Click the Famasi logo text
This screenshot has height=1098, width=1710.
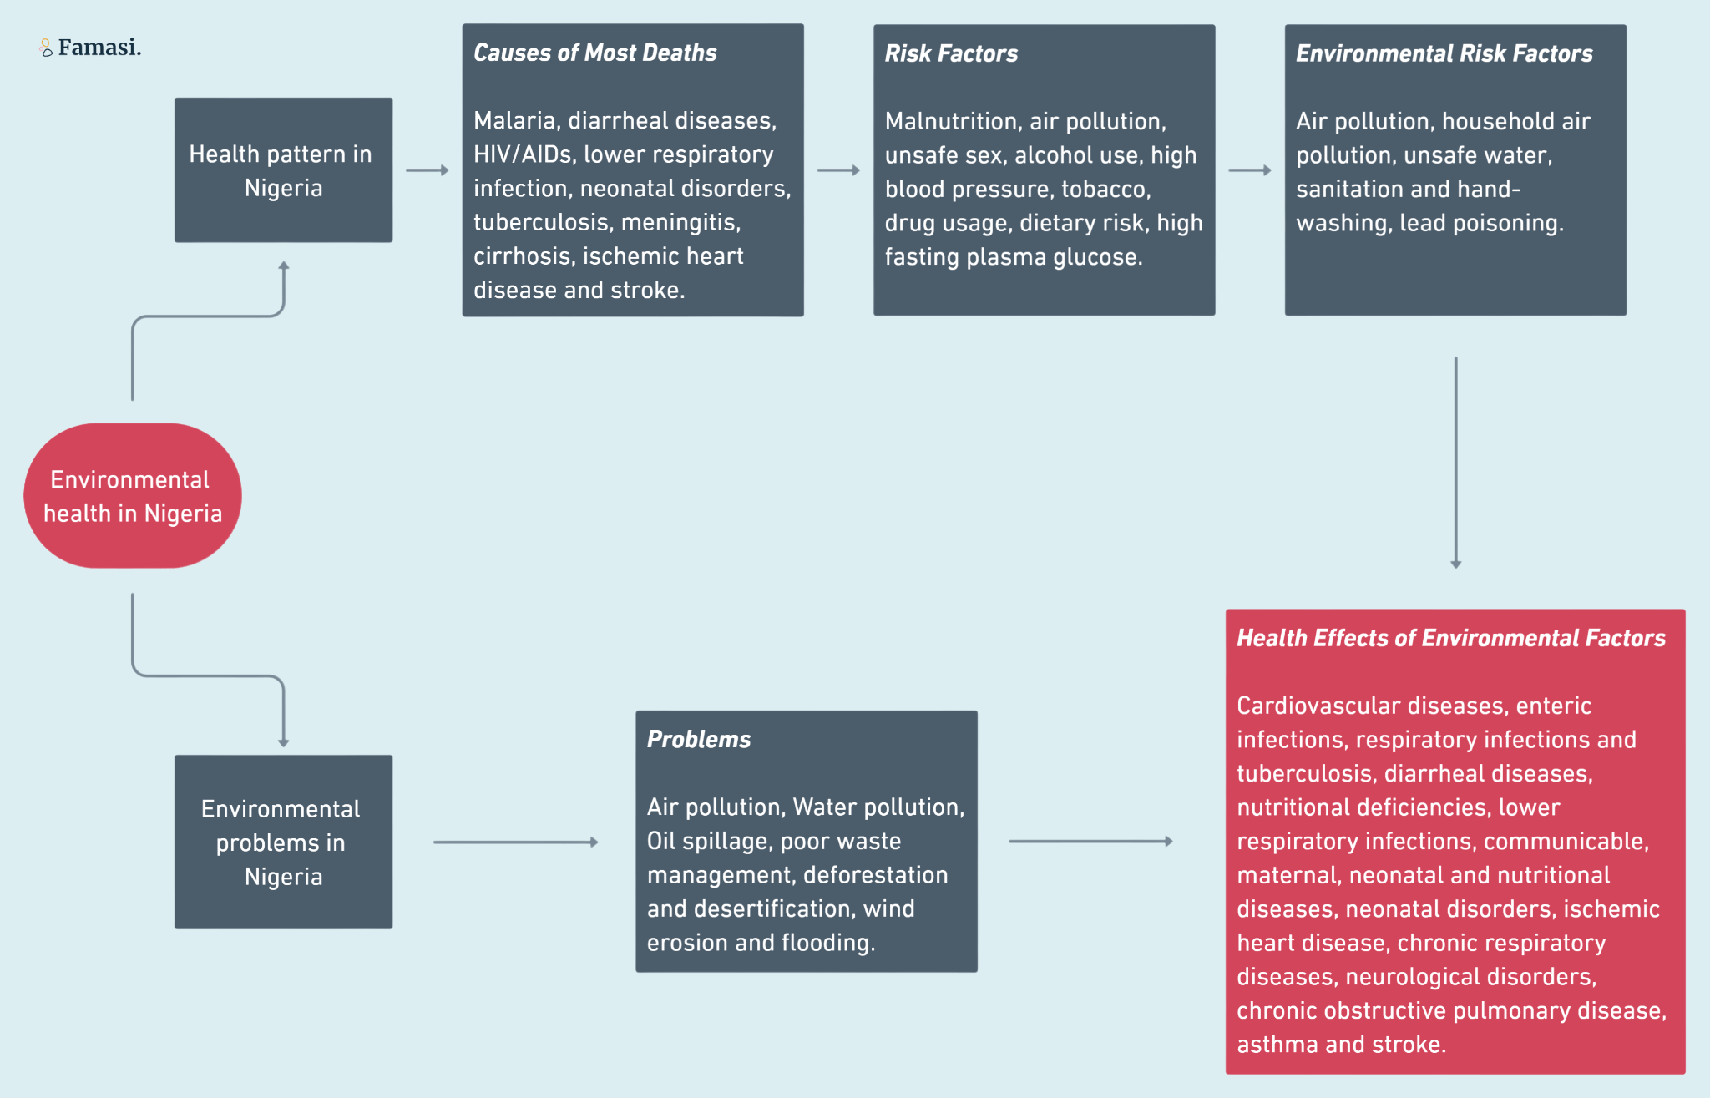tap(99, 48)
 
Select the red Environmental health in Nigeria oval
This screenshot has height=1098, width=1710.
tap(133, 496)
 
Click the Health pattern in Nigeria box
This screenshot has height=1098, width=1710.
tap(283, 170)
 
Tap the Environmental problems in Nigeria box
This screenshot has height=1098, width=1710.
tap(283, 842)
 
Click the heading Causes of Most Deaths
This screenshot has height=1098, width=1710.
tap(595, 53)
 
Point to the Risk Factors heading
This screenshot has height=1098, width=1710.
tap(951, 53)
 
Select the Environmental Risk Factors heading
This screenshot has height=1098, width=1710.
tap(1444, 53)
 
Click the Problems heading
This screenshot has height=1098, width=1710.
tap(699, 739)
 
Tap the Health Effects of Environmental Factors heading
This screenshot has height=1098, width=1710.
tap(1451, 638)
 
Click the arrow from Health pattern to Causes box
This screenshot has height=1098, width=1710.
tap(427, 170)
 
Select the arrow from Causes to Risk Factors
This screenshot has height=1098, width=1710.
tap(838, 170)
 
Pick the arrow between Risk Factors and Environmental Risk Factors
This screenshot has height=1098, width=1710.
tap(1250, 170)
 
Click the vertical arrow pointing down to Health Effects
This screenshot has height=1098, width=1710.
tap(1456, 463)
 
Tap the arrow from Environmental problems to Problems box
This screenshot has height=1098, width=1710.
tap(516, 842)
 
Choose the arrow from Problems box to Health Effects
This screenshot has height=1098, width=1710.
tap(1091, 842)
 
